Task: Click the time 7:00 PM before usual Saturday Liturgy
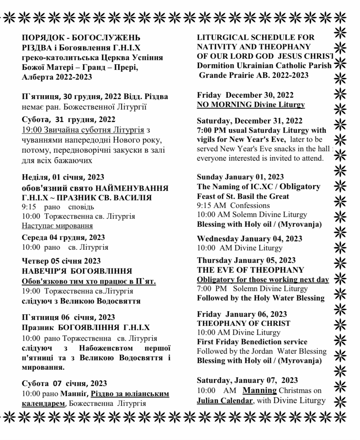coord(209,130)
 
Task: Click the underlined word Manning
coord(259,390)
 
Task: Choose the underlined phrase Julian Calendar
coord(225,400)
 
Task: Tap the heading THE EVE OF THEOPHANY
coord(250,270)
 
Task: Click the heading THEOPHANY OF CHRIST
coord(243,323)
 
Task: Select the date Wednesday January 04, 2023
coord(249,239)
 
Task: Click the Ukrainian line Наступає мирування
coord(57,226)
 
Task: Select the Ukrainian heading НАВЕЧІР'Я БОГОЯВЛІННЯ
coord(77,271)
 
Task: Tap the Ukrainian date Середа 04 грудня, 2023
coord(63,238)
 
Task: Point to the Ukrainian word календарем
coord(43,403)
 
